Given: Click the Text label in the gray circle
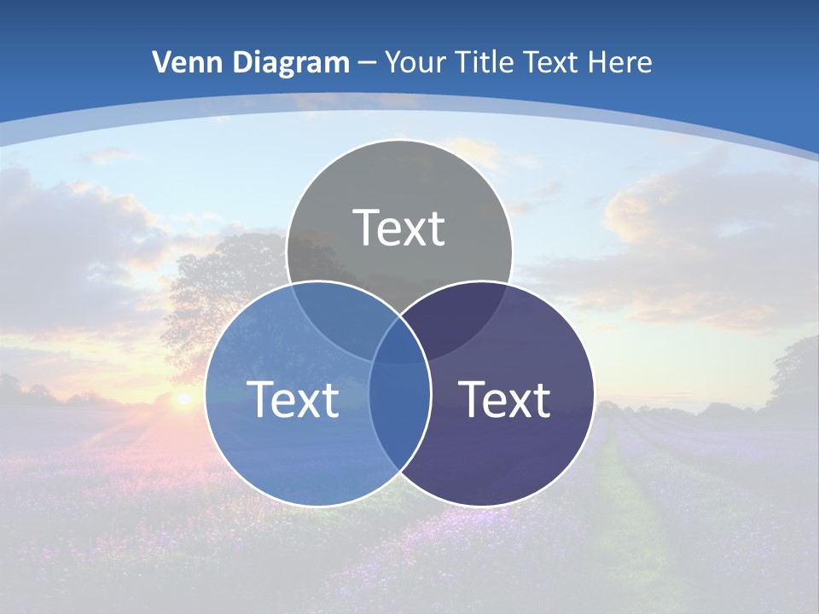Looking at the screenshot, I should coord(398,228).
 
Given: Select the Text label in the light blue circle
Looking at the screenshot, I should coord(293,399).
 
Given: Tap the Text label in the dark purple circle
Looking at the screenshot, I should coord(504,399).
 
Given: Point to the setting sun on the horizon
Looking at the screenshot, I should coord(183,398).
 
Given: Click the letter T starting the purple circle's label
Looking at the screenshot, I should coord(473,398).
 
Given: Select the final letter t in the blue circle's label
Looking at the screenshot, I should coord(329,400).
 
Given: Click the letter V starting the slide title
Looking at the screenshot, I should coord(161,62).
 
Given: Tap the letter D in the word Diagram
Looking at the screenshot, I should coord(245,62).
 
